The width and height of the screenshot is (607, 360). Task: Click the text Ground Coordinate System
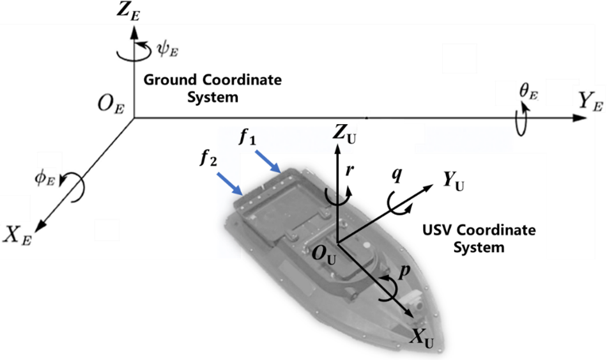pyautogui.click(x=211, y=89)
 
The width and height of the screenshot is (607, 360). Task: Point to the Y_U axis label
pyautogui.click(x=453, y=183)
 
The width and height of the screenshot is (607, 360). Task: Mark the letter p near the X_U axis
pyautogui.click(x=403, y=272)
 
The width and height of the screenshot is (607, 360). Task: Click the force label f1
pyautogui.click(x=247, y=137)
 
